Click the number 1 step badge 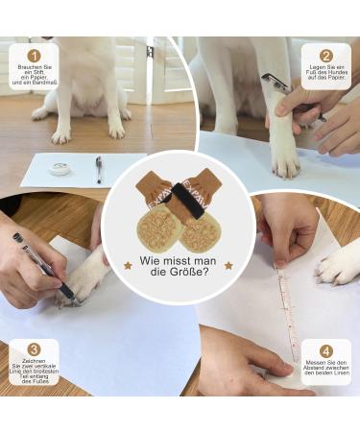point(35,56)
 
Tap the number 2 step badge point(325,56)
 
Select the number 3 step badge point(35,350)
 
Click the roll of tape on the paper point(60,169)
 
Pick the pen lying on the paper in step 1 point(99,169)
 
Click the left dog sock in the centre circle point(156,216)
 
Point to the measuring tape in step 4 point(285,307)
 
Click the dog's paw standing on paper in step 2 point(286,158)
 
